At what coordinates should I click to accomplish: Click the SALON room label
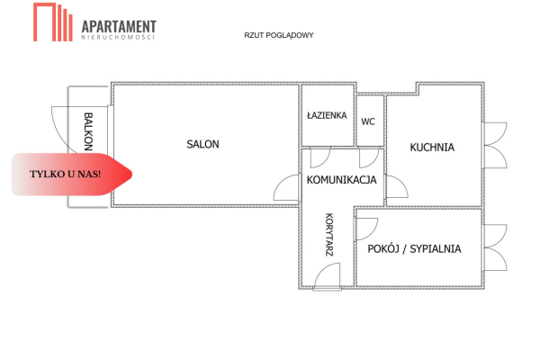tap(202, 144)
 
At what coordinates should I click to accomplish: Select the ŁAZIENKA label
tap(327, 115)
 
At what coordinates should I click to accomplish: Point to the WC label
tap(368, 121)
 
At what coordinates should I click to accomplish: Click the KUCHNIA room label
tap(432, 148)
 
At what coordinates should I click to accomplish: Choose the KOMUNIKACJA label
tap(341, 180)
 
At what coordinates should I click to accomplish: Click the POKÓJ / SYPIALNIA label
tap(414, 248)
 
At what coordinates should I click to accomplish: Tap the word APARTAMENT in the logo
tap(119, 27)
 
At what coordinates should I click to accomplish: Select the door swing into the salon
tap(287, 189)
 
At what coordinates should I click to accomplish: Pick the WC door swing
tap(369, 157)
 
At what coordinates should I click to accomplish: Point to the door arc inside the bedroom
tap(367, 229)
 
